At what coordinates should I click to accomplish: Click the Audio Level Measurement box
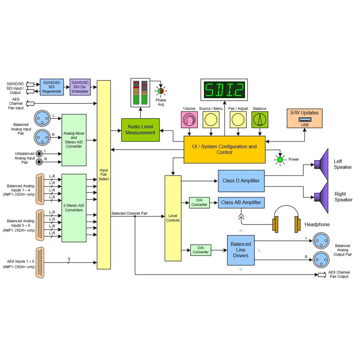(x=140, y=130)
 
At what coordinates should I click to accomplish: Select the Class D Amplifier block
(x=241, y=181)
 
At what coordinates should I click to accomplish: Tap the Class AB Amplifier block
(x=241, y=202)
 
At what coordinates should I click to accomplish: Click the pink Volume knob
(x=189, y=120)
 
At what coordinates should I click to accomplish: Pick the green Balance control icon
(x=260, y=120)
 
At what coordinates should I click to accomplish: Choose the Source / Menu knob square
(x=211, y=120)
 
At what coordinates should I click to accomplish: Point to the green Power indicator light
(x=280, y=160)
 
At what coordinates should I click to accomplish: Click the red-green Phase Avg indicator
(x=161, y=91)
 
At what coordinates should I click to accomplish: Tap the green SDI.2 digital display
(x=224, y=90)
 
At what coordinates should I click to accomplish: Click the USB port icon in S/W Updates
(x=305, y=120)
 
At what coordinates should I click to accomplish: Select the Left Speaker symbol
(x=321, y=165)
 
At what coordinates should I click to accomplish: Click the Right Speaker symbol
(x=321, y=197)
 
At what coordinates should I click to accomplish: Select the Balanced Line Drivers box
(x=241, y=250)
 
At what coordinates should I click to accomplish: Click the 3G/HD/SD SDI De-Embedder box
(x=80, y=87)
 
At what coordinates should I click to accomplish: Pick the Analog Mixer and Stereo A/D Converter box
(x=74, y=140)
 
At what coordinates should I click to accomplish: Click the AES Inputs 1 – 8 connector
(x=40, y=262)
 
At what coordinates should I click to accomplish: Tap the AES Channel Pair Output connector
(x=322, y=275)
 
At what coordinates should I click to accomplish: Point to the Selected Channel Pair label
(x=129, y=213)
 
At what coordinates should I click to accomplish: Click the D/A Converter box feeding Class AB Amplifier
(x=199, y=202)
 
